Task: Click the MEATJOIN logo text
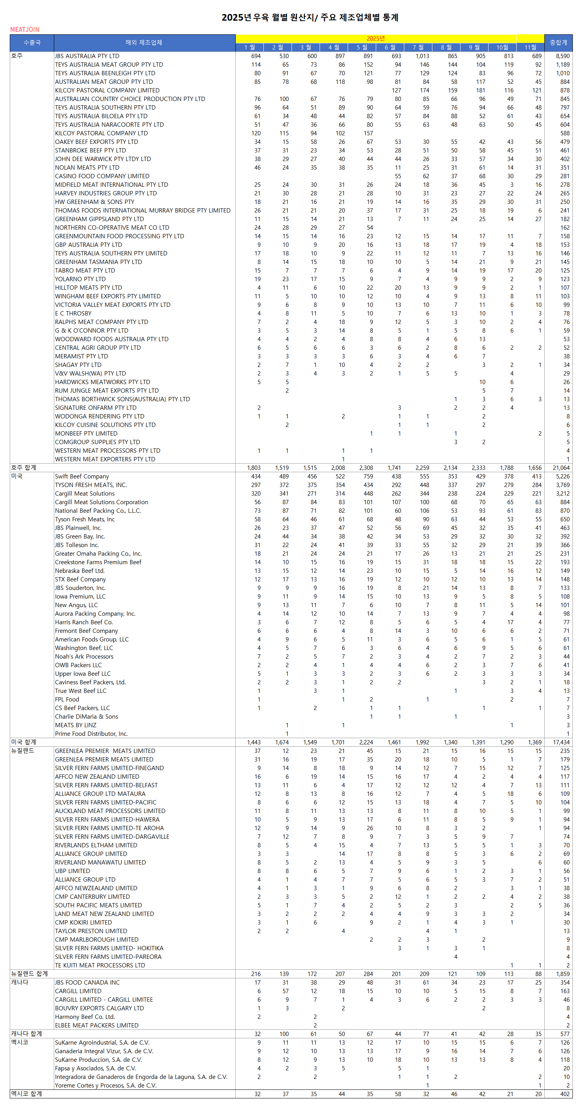(25, 30)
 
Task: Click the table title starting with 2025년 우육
(309, 18)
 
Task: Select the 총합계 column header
(558, 43)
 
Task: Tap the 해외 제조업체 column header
(144, 43)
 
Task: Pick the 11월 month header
(530, 47)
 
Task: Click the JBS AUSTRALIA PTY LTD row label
(87, 56)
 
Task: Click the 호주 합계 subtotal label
(24, 468)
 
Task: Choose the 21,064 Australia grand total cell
(561, 468)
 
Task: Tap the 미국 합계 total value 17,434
(561, 742)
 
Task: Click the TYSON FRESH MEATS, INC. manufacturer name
(91, 485)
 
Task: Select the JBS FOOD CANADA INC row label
(87, 982)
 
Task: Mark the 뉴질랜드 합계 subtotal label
(29, 974)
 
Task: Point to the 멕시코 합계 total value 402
(564, 1094)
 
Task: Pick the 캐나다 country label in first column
(20, 982)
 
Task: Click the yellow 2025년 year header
(375, 39)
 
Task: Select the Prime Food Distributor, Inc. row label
(91, 733)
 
